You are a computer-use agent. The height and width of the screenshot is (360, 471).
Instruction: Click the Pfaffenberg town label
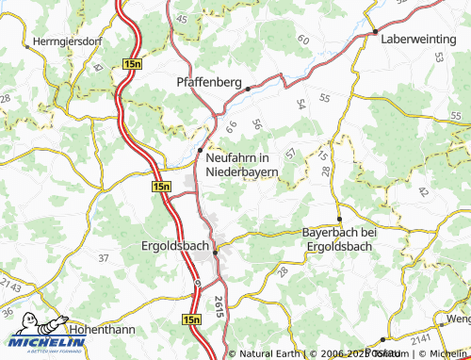tap(208, 82)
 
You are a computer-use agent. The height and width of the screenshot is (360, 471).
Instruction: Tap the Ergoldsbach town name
tap(174, 246)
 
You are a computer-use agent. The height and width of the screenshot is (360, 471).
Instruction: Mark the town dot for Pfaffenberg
tap(248, 90)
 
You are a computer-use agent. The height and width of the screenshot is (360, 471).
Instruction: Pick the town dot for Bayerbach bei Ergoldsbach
tap(339, 218)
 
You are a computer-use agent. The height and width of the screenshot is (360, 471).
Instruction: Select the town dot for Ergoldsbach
tap(215, 252)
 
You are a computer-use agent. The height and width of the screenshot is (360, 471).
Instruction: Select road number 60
tap(302, 40)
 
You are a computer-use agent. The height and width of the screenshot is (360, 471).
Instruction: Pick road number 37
tap(104, 256)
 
